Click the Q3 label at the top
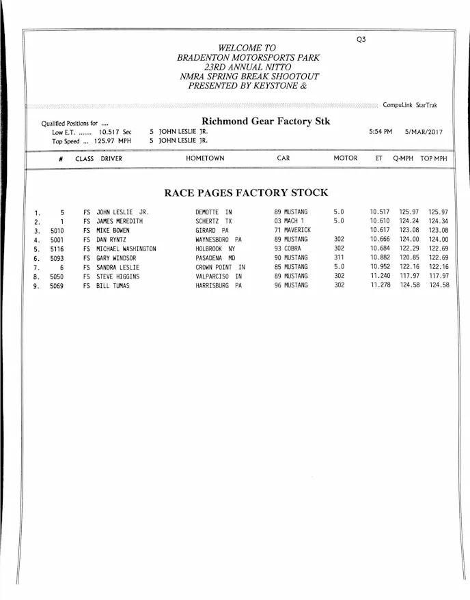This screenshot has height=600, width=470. click(361, 40)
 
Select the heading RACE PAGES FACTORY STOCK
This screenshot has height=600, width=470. click(246, 192)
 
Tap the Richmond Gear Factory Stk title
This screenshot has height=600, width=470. click(266, 122)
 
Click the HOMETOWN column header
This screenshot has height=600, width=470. click(205, 158)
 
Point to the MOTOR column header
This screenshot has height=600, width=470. click(345, 158)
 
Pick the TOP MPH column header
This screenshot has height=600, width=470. click(434, 158)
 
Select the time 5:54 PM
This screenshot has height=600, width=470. click(381, 131)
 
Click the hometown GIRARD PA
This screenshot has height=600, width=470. click(212, 231)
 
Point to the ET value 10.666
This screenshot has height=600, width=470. click(380, 240)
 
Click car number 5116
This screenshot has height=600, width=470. click(57, 249)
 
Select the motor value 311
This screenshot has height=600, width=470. click(340, 258)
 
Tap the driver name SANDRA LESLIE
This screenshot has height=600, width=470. click(117, 268)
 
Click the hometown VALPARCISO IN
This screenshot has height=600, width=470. click(218, 276)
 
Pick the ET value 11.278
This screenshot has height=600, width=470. click(380, 285)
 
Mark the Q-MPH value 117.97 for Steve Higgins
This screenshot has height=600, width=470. click(409, 276)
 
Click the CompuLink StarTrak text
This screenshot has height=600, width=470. click(410, 105)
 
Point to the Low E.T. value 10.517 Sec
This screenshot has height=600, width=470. click(115, 132)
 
